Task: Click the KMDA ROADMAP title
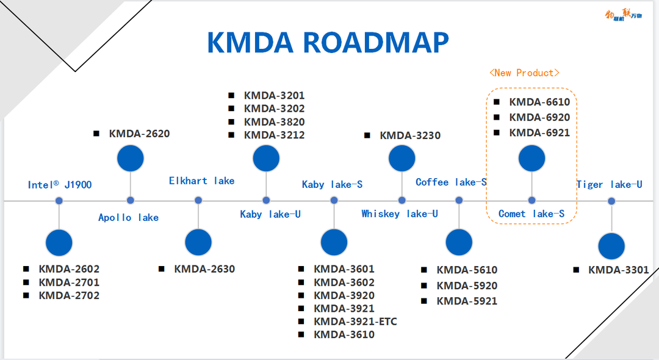[x=328, y=43]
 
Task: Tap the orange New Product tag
[x=524, y=73]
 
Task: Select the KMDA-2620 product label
[x=139, y=134]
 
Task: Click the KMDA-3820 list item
[x=274, y=122]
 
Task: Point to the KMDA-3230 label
[x=410, y=135]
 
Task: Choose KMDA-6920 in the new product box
[x=539, y=117]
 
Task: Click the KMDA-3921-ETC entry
[x=355, y=322]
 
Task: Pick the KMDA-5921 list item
[x=467, y=301]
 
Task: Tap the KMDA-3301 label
[x=618, y=270]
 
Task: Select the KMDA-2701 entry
[x=69, y=283]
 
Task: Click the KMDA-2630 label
[x=204, y=269]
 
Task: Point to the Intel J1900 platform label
[x=60, y=184]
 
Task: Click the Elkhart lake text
[x=202, y=181]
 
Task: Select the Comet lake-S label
[x=531, y=214]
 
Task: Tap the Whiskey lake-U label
[x=400, y=214]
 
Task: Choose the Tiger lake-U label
[x=610, y=184]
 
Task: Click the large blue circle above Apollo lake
[x=131, y=159]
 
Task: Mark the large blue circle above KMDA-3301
[x=611, y=246]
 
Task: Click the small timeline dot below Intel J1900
[x=59, y=201]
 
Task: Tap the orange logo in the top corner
[x=624, y=15]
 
